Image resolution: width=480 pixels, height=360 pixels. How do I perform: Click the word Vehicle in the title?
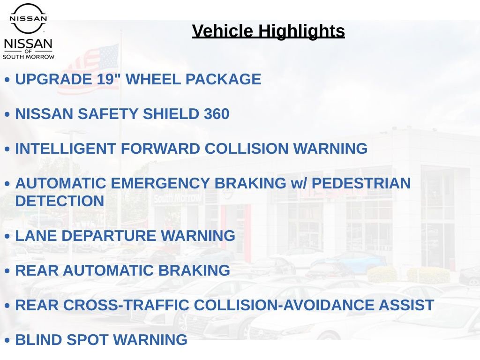(223, 31)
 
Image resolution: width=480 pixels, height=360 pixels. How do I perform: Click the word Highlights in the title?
(301, 31)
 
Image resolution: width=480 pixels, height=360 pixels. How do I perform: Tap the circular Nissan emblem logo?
(28, 18)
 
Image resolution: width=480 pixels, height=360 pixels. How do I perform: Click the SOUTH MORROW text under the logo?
(29, 57)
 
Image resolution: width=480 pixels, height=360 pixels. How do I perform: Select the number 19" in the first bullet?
(108, 79)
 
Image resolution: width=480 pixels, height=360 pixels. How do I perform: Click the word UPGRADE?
(53, 79)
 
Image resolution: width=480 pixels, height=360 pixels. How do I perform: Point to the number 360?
(217, 114)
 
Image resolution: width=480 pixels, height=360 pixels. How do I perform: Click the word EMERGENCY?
(160, 183)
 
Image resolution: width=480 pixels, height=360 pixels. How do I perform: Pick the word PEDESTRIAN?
(361, 183)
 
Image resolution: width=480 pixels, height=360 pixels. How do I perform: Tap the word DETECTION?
(60, 201)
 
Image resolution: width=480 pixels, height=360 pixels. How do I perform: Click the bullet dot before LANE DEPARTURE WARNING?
(7, 236)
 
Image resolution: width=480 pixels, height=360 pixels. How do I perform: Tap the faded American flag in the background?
(89, 69)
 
